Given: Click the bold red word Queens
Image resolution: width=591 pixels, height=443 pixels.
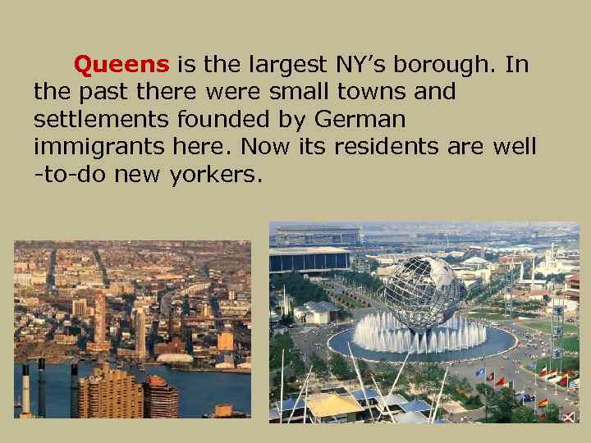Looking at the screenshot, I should [121, 64].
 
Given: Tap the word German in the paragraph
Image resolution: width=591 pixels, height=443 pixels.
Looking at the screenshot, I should [361, 120].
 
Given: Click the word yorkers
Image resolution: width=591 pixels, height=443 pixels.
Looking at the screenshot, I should [215, 175].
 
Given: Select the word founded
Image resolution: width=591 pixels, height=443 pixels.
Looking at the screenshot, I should [231, 120].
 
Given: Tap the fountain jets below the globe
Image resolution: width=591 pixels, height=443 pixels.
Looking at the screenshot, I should [419, 336].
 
